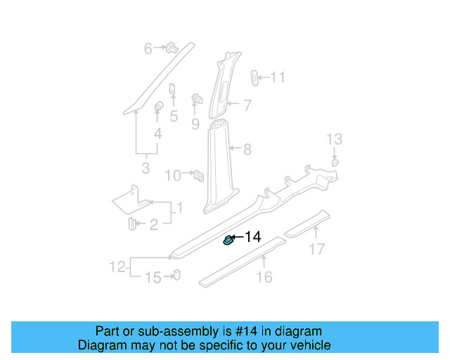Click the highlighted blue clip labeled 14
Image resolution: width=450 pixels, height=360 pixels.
[x=229, y=241]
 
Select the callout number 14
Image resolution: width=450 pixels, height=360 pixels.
[x=252, y=238]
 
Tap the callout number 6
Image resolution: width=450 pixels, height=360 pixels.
[x=148, y=49]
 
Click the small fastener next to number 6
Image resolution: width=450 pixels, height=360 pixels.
[x=170, y=49]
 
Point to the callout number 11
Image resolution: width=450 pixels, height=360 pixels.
[x=278, y=77]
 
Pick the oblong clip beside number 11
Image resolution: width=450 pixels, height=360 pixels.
[x=255, y=76]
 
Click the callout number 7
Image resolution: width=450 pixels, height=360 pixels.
[x=247, y=105]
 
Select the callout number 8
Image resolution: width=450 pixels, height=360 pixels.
[x=247, y=149]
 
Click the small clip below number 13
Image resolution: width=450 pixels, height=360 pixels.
[x=335, y=162]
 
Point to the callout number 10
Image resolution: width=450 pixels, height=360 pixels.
[x=173, y=175]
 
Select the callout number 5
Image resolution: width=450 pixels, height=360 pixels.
[x=173, y=117]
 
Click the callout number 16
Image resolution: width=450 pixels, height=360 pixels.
[x=264, y=277]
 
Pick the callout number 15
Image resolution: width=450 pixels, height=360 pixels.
[x=153, y=278]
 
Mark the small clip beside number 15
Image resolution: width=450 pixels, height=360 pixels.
[x=176, y=275]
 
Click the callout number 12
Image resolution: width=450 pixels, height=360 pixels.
[x=117, y=266]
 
